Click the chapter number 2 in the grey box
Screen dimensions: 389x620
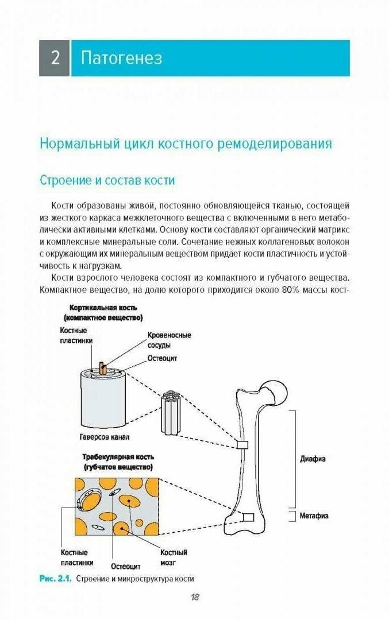point(55,58)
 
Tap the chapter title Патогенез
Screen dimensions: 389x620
point(121,58)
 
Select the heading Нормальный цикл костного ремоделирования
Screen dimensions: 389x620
point(186,144)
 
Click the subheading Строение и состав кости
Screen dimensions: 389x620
point(107,180)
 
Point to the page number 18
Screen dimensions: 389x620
point(194,596)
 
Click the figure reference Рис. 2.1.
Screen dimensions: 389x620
point(56,579)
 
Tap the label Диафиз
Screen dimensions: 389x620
point(313,459)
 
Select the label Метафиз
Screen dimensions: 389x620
point(314,516)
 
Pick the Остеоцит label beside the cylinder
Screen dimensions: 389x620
point(162,358)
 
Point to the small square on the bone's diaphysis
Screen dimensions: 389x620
point(242,445)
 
